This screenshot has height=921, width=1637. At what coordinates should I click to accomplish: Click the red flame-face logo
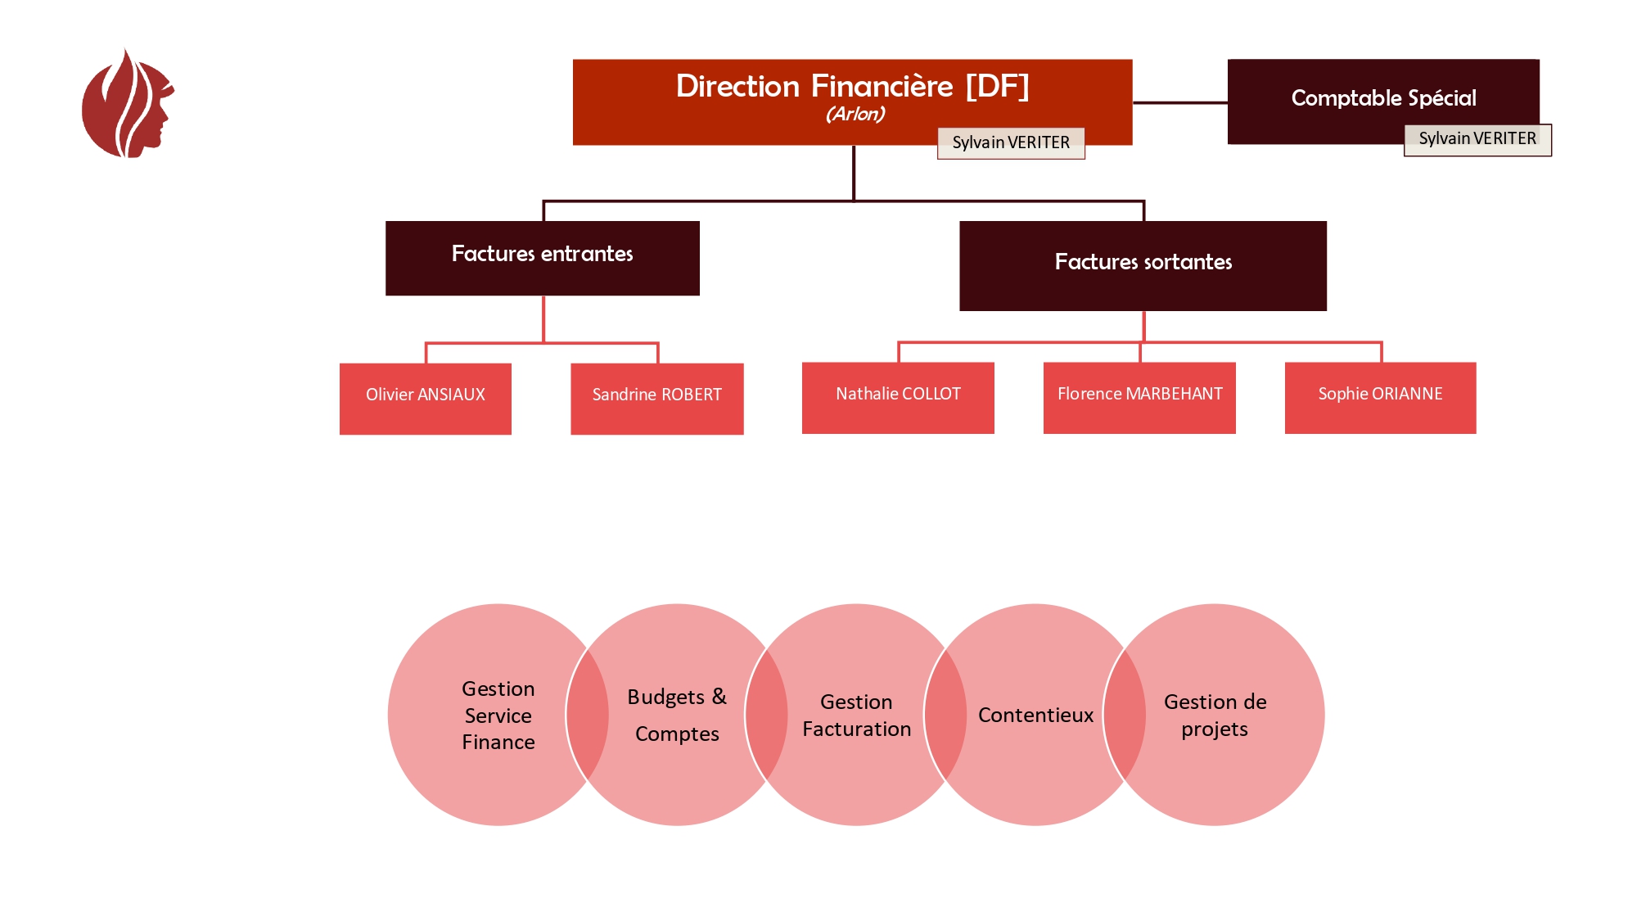(127, 104)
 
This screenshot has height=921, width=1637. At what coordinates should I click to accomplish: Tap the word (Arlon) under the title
(855, 114)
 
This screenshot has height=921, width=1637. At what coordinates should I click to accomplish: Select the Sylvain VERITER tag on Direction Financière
(1011, 142)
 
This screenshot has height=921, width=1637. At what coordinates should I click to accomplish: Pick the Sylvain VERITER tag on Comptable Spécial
(1477, 139)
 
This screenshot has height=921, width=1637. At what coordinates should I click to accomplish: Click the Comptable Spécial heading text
(1383, 98)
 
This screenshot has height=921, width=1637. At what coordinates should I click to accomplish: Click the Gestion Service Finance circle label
(498, 715)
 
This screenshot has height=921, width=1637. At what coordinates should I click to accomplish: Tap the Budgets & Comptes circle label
(677, 715)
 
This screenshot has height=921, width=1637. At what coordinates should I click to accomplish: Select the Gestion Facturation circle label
(856, 715)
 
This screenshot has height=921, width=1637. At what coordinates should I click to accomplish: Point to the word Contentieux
(1035, 715)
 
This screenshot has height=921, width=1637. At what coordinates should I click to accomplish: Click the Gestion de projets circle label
(1215, 715)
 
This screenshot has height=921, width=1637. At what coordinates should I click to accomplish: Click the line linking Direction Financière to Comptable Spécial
(1179, 102)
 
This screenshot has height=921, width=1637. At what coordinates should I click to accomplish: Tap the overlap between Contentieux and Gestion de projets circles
(1125, 715)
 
